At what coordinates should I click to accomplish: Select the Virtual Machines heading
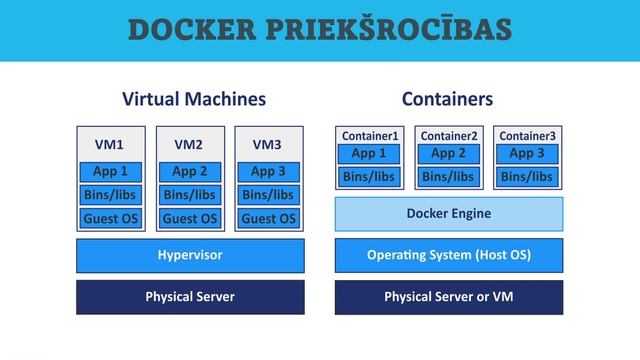[194, 99]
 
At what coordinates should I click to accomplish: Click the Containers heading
[447, 99]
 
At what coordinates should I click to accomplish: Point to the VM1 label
[109, 145]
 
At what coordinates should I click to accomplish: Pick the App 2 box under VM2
[190, 171]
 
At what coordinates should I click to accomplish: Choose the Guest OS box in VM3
[269, 218]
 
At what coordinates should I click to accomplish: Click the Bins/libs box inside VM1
[111, 194]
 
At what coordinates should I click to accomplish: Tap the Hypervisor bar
[190, 255]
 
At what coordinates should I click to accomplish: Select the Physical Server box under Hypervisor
[190, 297]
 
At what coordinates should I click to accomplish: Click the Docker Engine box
[448, 214]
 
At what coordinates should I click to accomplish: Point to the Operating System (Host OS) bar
[448, 255]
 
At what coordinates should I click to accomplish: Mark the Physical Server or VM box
[448, 297]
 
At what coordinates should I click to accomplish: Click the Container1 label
[370, 136]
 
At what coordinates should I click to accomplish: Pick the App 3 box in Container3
[527, 154]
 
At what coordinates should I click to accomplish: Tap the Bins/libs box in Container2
[448, 177]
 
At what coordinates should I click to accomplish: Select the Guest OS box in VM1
[111, 218]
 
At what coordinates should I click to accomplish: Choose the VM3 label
[268, 145]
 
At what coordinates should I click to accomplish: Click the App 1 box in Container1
[370, 154]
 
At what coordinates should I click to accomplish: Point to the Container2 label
[449, 136]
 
